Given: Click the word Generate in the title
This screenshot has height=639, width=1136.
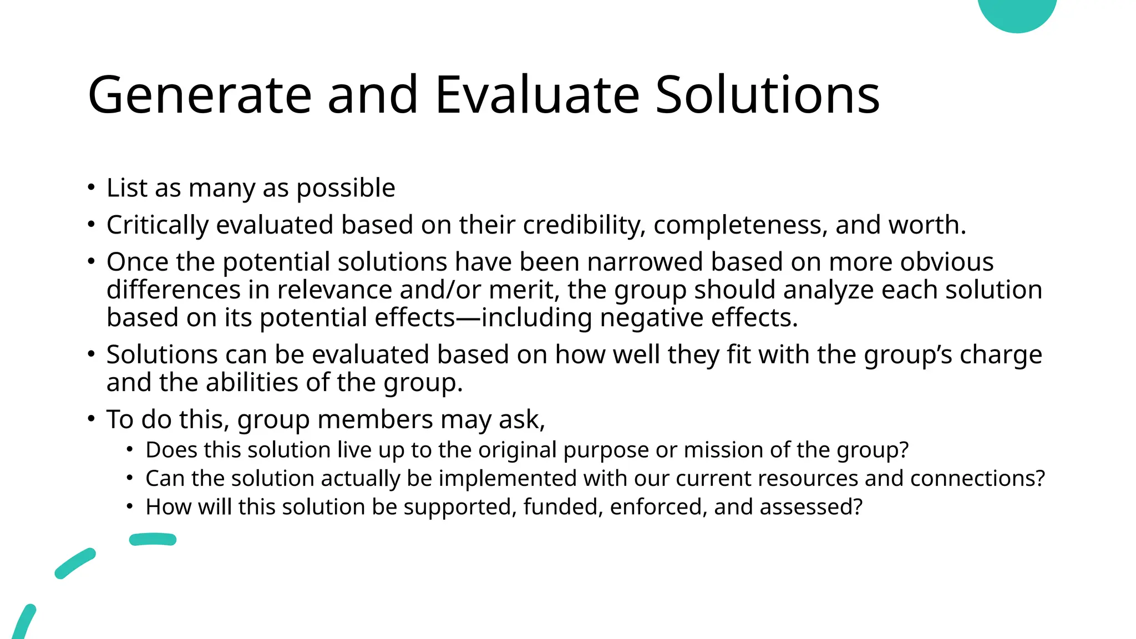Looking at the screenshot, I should [199, 95].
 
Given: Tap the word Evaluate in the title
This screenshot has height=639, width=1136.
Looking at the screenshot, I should [537, 95].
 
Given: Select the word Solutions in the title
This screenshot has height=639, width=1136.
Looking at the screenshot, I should [767, 95].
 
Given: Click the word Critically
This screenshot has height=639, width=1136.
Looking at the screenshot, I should [158, 225].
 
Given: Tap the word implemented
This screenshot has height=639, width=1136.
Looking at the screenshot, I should [508, 478].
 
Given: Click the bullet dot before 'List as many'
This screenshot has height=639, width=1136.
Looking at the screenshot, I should [92, 187].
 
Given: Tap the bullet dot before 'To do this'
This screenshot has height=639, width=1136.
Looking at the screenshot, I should [92, 419].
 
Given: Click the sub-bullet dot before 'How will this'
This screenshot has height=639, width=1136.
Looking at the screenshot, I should [130, 506].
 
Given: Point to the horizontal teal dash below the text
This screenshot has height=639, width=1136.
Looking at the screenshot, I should [153, 539].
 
